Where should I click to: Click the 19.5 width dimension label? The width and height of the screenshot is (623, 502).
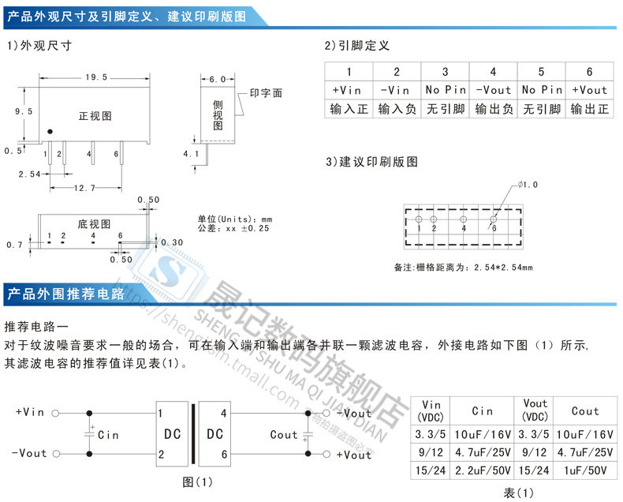pos(95,77)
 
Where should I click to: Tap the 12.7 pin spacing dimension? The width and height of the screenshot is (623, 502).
pos(84,188)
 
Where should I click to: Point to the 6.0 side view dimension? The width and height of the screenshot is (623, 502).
pos(218,79)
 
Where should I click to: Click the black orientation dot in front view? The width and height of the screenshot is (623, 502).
pos(50,132)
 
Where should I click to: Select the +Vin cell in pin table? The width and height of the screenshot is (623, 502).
pos(348,90)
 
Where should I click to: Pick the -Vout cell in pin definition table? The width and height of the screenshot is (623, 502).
pos(493,90)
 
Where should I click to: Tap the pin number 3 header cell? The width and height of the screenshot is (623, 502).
pos(445,72)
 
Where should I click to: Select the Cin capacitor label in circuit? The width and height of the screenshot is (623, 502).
pos(108,435)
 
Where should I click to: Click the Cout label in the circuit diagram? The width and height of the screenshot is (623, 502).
pos(284,435)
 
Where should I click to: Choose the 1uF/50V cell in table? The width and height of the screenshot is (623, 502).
pos(585,470)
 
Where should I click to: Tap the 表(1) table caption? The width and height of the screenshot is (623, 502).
pos(517,493)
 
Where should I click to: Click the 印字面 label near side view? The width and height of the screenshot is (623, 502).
pos(266,93)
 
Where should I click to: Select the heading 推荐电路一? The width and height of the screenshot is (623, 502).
pos(38,327)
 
